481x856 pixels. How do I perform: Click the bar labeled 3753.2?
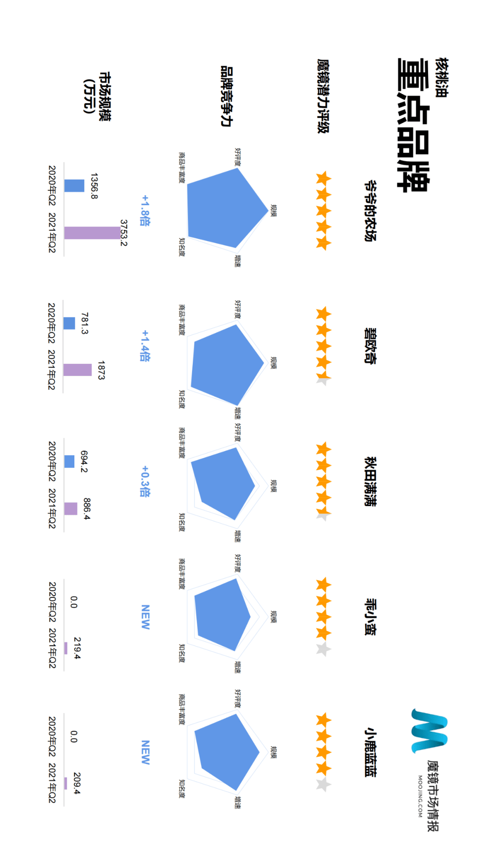coord(92,233)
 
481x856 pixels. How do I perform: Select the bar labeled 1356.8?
coord(74,185)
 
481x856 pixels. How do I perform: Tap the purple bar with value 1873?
coord(77,370)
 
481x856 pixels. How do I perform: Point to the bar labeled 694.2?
coord(69,461)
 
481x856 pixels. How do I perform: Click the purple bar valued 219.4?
coord(66,648)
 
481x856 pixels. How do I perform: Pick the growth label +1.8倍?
coord(145,210)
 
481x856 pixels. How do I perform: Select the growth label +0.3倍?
coord(145,481)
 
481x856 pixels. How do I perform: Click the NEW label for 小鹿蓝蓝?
coord(145,753)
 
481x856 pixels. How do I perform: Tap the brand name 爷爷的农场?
coord(370,211)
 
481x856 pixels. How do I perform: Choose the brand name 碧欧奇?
coord(370,346)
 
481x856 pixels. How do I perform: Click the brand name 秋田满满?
coord(370,481)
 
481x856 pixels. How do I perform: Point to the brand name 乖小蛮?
coord(370,617)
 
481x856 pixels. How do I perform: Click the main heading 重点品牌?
coord(413,125)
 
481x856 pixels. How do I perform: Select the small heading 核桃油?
coord(442,78)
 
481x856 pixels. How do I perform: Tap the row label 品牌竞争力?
coord(227,96)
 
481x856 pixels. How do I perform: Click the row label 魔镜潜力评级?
coord(323,96)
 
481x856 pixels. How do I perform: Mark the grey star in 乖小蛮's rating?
coord(323,649)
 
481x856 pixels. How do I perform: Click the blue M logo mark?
coord(429,731)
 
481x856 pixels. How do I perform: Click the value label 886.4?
coord(87,509)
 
